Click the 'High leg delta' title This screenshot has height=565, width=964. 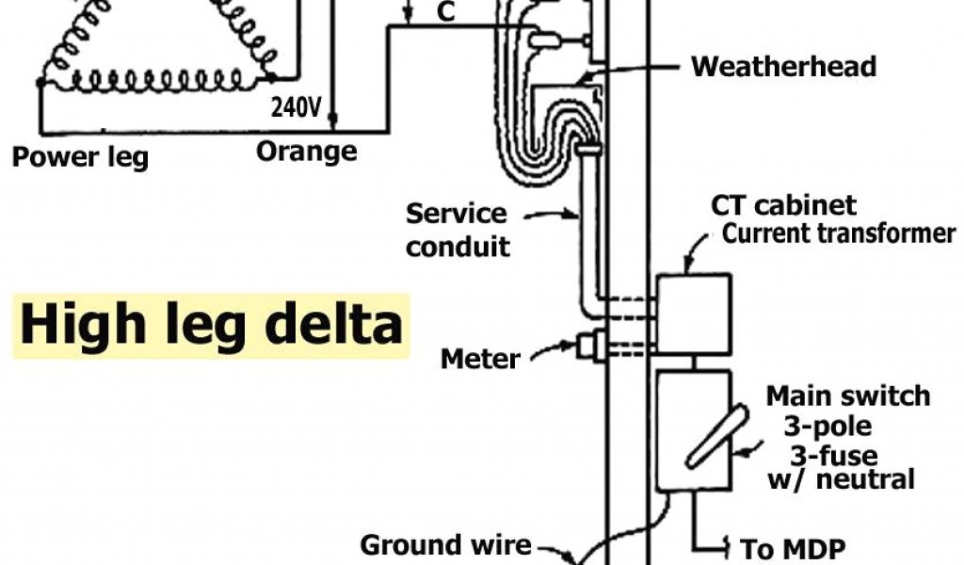pyautogui.click(x=211, y=325)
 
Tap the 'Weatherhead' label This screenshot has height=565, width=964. pyautogui.click(x=783, y=67)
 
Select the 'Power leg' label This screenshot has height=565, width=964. pyautogui.click(x=80, y=156)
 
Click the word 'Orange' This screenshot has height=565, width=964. pyautogui.click(x=306, y=151)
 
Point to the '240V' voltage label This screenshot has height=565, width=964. pyautogui.click(x=297, y=107)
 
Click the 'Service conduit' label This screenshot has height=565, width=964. pyautogui.click(x=458, y=231)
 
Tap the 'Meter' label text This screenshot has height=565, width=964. pyautogui.click(x=480, y=359)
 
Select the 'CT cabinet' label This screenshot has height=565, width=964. pyautogui.click(x=783, y=205)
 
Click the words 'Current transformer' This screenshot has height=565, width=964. pyautogui.click(x=839, y=234)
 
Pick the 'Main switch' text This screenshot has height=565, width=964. pyautogui.click(x=847, y=395)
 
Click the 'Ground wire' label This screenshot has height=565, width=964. pyautogui.click(x=446, y=544)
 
